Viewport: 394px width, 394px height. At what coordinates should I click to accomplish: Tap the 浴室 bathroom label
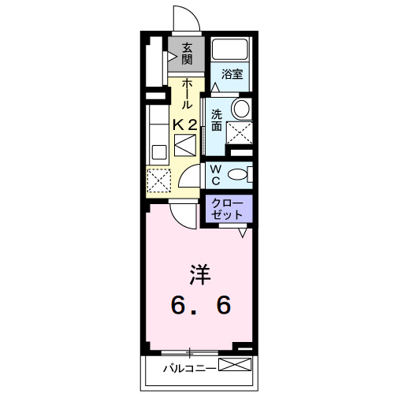231,74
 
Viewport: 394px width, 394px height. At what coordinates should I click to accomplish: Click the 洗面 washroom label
217,118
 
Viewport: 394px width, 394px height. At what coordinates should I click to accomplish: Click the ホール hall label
187,93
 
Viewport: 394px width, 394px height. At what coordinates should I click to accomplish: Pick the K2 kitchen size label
185,124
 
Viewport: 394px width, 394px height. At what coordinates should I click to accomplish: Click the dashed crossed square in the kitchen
158,181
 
